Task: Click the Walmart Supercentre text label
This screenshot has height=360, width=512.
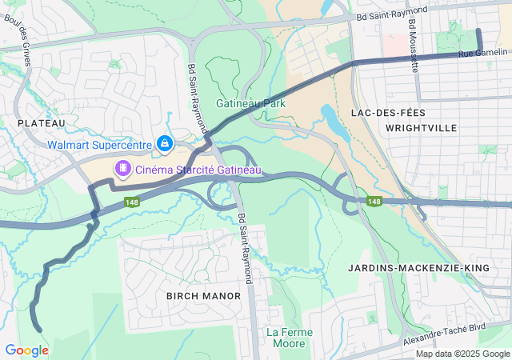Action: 100,145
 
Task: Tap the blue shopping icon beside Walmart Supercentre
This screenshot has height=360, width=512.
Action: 164,143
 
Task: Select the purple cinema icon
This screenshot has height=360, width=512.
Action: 122,169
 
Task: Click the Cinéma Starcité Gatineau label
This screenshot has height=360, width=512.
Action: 198,170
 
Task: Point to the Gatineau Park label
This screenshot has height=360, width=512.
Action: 250,103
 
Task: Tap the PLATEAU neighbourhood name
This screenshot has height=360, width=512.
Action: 40,122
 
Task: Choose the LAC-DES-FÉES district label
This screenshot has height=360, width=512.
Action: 388,113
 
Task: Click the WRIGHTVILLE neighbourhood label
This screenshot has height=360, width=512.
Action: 421,128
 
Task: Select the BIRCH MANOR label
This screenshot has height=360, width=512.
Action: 203,296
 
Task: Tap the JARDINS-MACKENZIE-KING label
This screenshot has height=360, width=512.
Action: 409,267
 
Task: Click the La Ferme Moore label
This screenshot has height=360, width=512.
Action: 289,338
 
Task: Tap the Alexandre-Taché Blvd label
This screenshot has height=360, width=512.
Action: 455,328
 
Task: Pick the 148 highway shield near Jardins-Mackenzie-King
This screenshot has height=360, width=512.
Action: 374,201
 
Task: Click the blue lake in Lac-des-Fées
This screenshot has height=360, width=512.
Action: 330,118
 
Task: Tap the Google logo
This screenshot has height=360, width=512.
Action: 26,350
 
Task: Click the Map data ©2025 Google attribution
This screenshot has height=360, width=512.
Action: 462,354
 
